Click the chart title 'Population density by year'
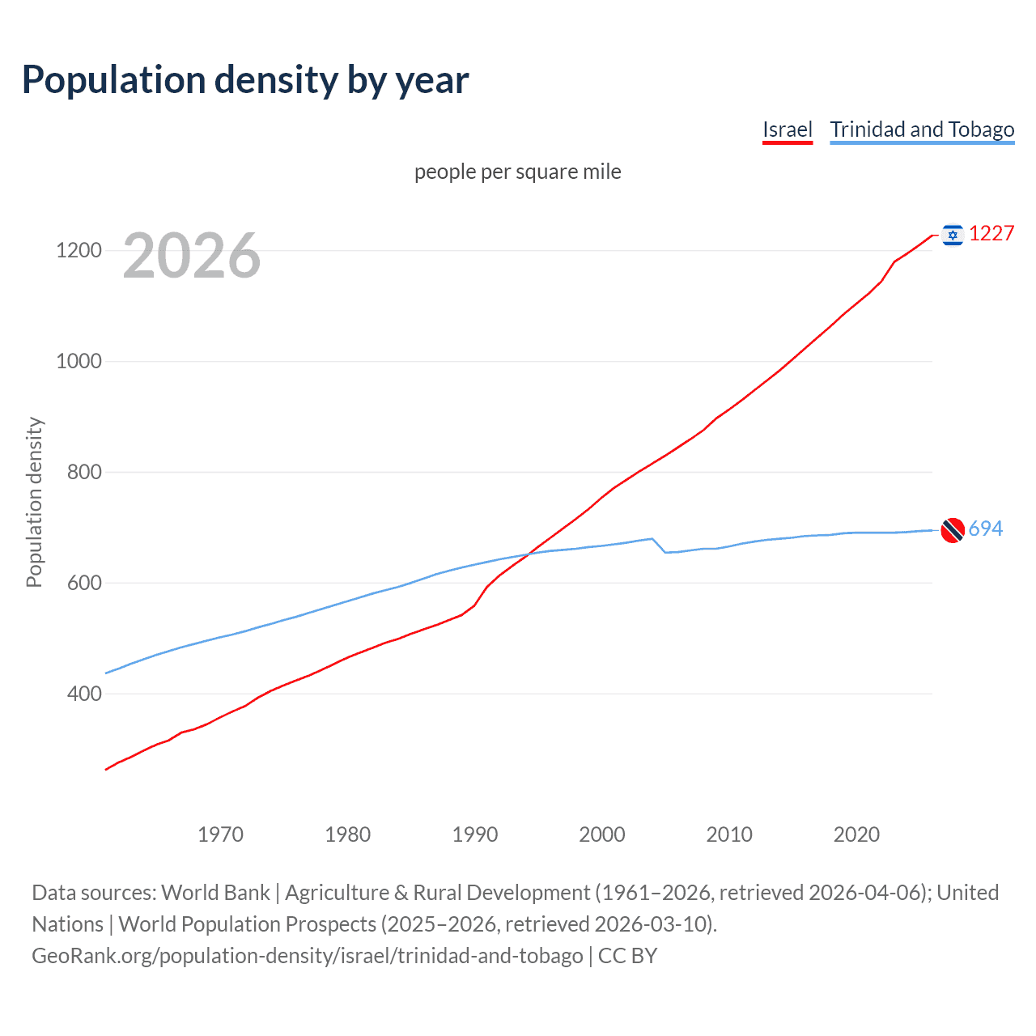pos(245,80)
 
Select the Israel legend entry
pos(787,129)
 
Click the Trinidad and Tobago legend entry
pos(922,129)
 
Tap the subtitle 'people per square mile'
pos(517,172)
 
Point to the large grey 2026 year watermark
pos(192,256)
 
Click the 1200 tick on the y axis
pos(79,250)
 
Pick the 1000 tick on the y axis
pos(79,361)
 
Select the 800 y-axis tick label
pos(84,472)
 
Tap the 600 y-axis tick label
pos(84,583)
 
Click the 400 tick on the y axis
pos(84,694)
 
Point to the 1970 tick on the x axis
pos(220,834)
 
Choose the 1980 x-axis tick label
pos(347,834)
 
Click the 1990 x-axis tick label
pos(475,834)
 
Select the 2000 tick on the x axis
pos(602,834)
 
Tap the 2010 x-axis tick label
pos(729,834)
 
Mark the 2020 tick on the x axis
pos(856,834)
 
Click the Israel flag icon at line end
pos(953,235)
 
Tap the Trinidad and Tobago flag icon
pos(953,530)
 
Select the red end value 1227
pos(991,234)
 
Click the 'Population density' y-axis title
pos(34,502)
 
